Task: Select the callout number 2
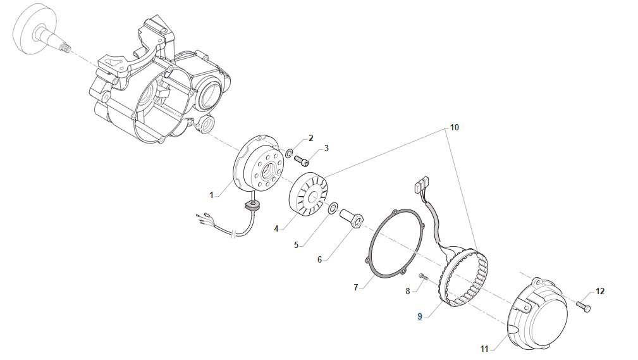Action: tap(310, 138)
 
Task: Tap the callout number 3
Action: tap(326, 148)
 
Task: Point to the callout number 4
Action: tap(276, 228)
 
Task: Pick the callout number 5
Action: tap(296, 244)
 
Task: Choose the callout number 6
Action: tap(319, 259)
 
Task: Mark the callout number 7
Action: tap(357, 287)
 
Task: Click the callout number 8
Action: tap(408, 291)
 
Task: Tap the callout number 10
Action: tap(454, 127)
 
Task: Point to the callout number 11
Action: tap(484, 349)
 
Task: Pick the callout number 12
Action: tap(600, 291)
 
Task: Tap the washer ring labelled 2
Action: tap(289, 152)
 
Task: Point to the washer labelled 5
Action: tap(333, 207)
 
